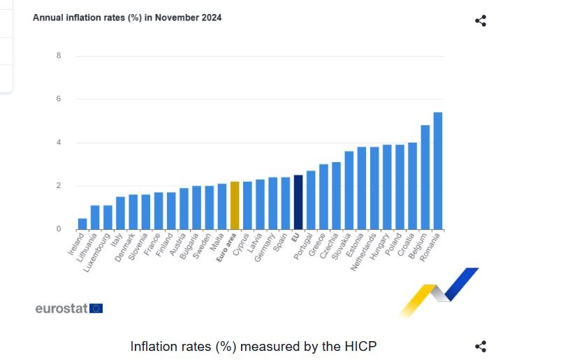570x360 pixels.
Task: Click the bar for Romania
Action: [x=438, y=171]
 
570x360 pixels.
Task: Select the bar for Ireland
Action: [x=82, y=224]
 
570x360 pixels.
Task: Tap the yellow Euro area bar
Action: [x=235, y=206]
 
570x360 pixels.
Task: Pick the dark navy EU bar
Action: [x=298, y=202]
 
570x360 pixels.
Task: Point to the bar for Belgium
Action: [x=425, y=178]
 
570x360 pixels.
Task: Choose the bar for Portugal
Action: [x=311, y=200]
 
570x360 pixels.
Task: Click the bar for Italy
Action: [x=120, y=213]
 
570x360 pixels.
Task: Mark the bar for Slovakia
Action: [x=349, y=190]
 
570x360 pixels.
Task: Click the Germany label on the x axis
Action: [x=265, y=248]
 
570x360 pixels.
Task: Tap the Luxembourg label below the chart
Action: [x=98, y=254]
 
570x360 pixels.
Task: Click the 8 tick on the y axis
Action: [x=59, y=56]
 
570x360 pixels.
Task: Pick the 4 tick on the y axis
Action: [x=59, y=143]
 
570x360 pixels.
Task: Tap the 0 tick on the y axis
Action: [x=59, y=229]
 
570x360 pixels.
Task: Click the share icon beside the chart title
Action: [x=481, y=20]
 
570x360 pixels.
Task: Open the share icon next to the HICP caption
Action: [x=481, y=346]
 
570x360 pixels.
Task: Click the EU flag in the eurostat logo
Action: [x=96, y=308]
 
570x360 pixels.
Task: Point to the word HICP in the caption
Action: [x=360, y=346]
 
